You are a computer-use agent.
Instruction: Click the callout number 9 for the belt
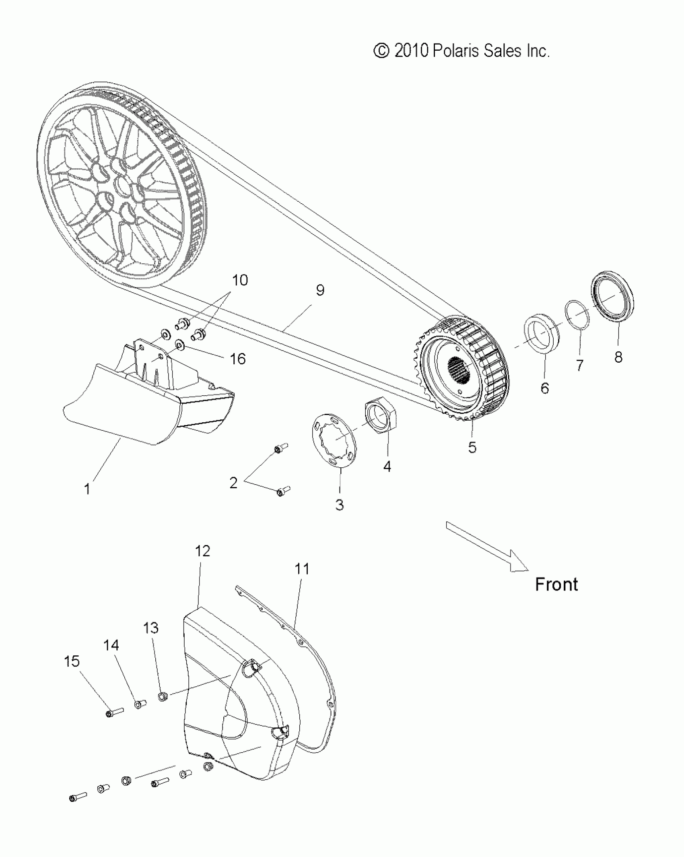pyautogui.click(x=320, y=290)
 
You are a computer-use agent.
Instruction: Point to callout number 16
pyautogui.click(x=238, y=359)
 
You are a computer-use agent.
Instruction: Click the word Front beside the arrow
pyautogui.click(x=556, y=584)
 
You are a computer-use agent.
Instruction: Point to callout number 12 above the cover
pyautogui.click(x=202, y=551)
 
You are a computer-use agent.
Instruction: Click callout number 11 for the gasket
pyautogui.click(x=302, y=569)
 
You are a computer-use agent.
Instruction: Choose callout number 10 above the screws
pyautogui.click(x=240, y=280)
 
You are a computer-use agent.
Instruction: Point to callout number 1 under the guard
pyautogui.click(x=87, y=489)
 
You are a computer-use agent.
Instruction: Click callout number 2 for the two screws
pyautogui.click(x=234, y=483)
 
